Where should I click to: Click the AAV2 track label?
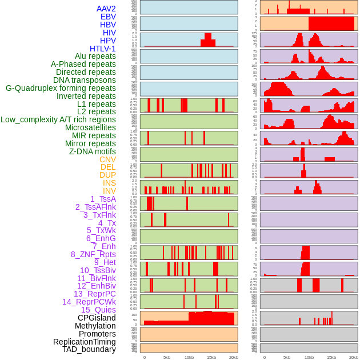tap(106, 9)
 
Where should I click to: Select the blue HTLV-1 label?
tap(102, 49)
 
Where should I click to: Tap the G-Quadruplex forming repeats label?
tap(61, 88)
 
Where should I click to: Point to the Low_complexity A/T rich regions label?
tap(58, 119)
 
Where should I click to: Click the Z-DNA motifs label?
tap(92, 151)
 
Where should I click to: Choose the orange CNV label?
tap(107, 159)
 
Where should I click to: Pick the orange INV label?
tap(109, 191)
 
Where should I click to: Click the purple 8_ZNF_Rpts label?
tap(93, 254)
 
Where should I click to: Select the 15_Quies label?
tap(98, 310)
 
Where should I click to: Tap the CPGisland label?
tap(97, 318)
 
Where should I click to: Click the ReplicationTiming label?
tap(85, 342)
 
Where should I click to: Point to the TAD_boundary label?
tap(89, 349)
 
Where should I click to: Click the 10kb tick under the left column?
tap(189, 357)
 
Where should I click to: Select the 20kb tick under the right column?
tap(354, 357)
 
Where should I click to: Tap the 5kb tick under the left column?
tap(167, 357)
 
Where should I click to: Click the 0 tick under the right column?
tap(265, 357)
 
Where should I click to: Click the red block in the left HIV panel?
tap(208, 40)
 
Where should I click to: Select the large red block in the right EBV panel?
tap(331, 23)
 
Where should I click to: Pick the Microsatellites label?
tap(90, 127)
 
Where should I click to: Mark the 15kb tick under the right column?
tap(331, 357)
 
